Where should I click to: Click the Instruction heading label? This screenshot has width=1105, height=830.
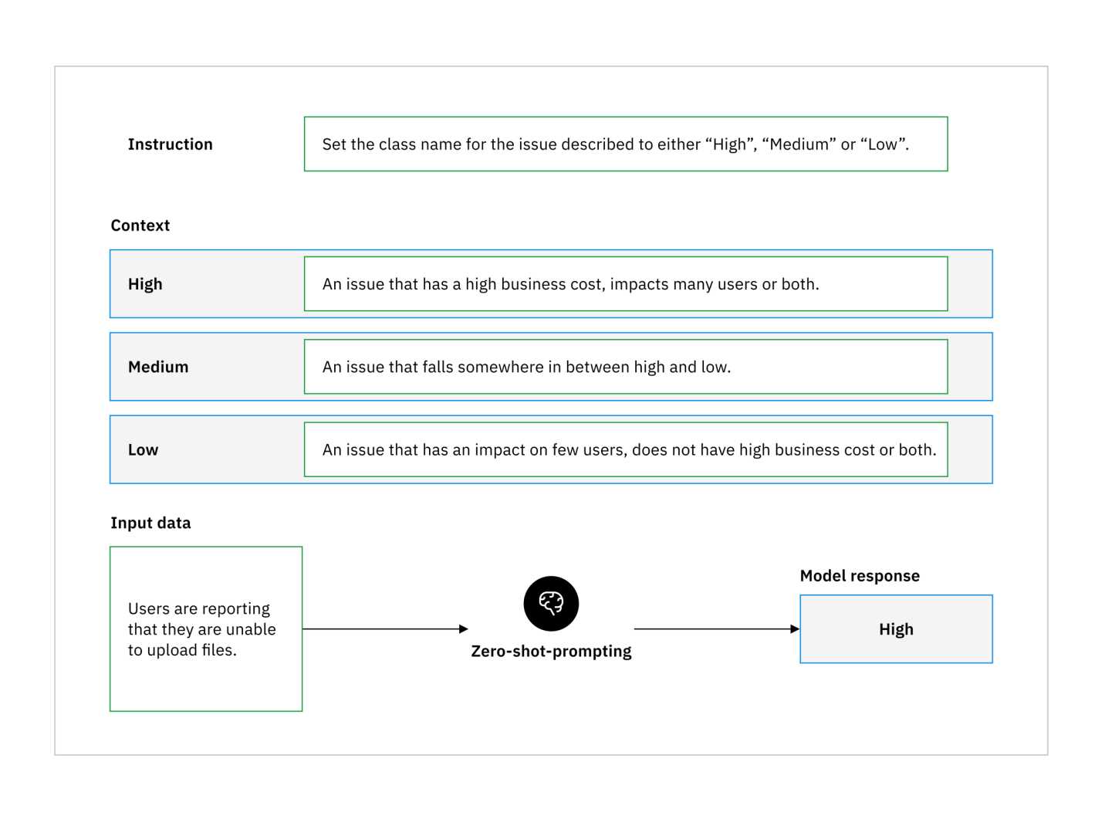170,144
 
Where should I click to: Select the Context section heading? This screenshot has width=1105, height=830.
140,225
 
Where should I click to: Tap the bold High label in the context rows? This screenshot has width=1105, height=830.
145,284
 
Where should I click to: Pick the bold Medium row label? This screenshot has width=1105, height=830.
158,367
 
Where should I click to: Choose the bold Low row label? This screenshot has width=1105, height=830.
143,450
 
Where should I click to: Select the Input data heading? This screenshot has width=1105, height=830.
150,523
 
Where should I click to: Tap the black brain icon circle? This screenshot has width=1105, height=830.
551,603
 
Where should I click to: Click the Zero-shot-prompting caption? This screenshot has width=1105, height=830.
551,651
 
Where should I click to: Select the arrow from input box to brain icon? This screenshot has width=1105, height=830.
385,628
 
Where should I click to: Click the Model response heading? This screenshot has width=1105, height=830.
859,576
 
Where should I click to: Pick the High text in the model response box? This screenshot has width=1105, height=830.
896,629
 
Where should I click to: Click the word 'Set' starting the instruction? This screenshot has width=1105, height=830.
334,144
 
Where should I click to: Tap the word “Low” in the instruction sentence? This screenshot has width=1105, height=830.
883,144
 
